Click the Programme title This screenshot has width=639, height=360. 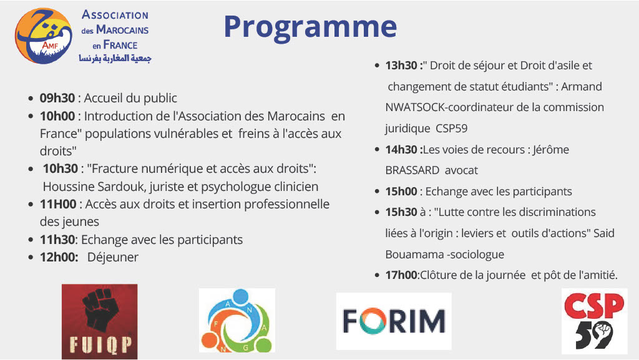click(x=310, y=26)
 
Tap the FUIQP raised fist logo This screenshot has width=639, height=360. click(x=99, y=321)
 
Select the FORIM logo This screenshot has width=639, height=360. click(x=394, y=321)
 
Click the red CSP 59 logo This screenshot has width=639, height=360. click(x=593, y=321)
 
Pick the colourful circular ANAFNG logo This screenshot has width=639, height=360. click(x=237, y=321)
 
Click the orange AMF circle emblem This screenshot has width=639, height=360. click(x=42, y=36)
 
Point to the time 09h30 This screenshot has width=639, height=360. click(x=57, y=98)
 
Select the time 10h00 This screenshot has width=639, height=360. click(x=57, y=116)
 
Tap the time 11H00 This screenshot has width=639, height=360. click(x=58, y=204)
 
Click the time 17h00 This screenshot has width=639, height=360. click(x=401, y=275)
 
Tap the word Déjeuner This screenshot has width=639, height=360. click(x=113, y=257)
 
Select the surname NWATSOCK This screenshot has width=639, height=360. click(x=416, y=107)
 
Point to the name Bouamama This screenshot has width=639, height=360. click(x=412, y=254)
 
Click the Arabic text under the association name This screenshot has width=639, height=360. click(x=115, y=58)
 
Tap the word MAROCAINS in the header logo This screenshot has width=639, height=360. click(x=122, y=30)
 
